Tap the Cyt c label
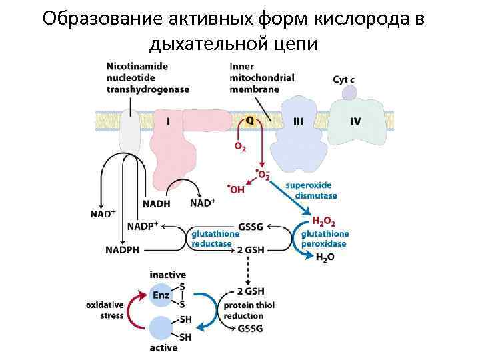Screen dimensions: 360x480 tap(343, 80)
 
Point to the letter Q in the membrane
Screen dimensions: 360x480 tap(249, 120)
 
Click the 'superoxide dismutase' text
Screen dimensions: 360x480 tap(311, 190)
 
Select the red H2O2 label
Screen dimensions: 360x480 tap(324, 221)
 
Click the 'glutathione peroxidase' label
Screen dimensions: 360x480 tap(325, 239)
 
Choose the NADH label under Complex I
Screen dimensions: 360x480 tap(157, 203)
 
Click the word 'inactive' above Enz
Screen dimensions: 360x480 tap(168, 275)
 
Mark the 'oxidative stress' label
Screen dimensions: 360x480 tap(105, 310)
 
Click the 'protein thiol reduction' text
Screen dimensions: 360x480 tap(249, 311)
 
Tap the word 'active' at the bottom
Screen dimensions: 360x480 tap(163, 347)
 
